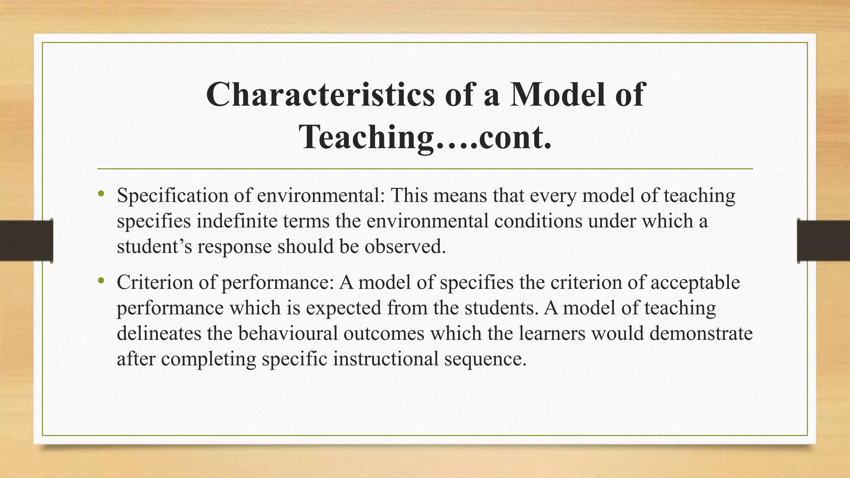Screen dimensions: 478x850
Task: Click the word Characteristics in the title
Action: pyautogui.click(x=320, y=95)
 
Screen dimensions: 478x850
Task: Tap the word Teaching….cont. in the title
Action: pyautogui.click(x=425, y=137)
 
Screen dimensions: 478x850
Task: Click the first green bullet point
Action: pyautogui.click(x=101, y=194)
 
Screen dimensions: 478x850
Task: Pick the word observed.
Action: pyautogui.click(x=405, y=246)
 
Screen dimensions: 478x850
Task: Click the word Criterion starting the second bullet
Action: pyautogui.click(x=154, y=283)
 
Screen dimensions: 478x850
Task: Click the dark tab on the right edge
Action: pyautogui.click(x=823, y=241)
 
